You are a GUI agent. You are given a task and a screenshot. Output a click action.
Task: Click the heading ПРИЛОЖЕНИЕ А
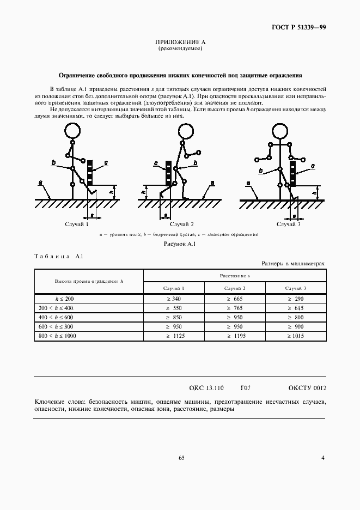tap(180, 42)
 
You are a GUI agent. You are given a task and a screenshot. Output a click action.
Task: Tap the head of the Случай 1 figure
tap(72, 131)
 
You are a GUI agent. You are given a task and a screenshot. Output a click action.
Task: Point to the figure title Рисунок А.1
tap(180, 244)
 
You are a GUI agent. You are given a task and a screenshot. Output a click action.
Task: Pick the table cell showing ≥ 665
tap(235, 299)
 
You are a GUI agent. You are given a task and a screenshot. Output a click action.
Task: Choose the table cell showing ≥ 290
tap(295, 299)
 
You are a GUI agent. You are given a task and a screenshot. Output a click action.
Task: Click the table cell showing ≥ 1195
tap(235, 336)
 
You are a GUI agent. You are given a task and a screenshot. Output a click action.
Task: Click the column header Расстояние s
tap(235, 276)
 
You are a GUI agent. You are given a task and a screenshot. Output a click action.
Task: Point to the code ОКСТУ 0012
tap(307, 388)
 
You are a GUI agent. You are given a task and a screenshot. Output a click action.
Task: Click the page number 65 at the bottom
tap(181, 458)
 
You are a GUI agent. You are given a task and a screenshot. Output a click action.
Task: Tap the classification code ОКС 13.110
tap(206, 388)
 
